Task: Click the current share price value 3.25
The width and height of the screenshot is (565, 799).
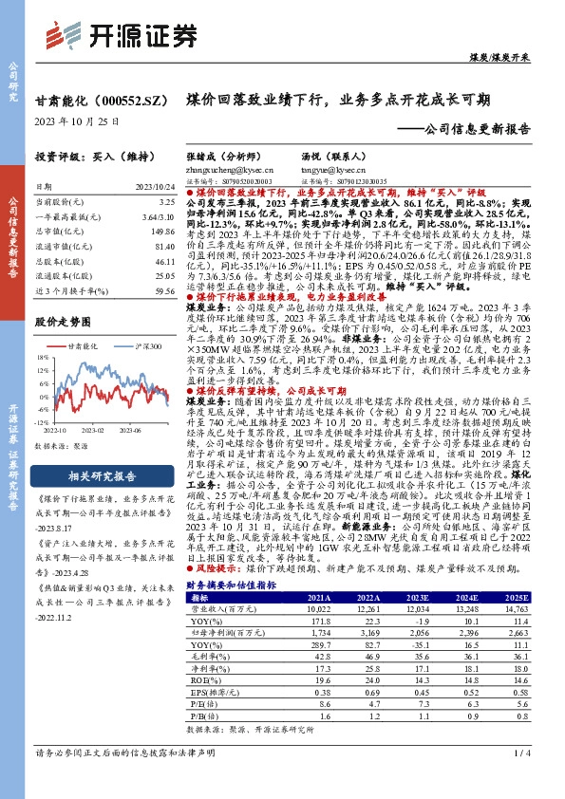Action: coord(164,202)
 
